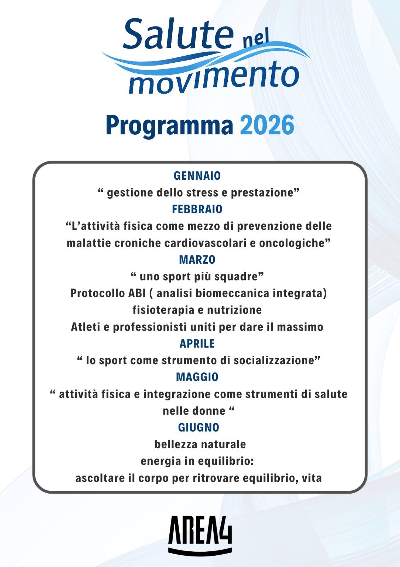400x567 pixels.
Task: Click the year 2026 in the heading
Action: point(267,125)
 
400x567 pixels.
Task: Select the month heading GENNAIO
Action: point(197,176)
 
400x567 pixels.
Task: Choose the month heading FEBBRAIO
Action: point(197,209)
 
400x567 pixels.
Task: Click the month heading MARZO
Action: point(197,260)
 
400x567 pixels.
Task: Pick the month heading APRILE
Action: point(197,343)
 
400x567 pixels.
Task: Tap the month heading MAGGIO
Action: point(197,377)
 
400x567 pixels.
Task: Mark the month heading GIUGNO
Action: point(198,427)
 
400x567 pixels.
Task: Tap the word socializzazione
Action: point(277,360)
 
